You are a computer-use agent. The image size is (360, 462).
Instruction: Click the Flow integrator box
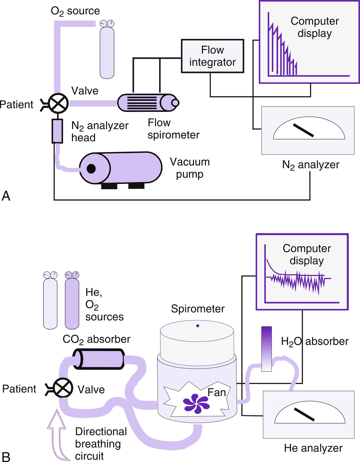click(x=213, y=56)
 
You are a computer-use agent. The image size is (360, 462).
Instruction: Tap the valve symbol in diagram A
click(x=58, y=103)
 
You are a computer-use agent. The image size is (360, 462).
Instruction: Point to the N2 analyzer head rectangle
click(x=57, y=131)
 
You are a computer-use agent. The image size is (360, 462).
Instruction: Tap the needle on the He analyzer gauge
click(x=304, y=414)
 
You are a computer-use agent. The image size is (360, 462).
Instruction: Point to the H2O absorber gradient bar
click(x=266, y=349)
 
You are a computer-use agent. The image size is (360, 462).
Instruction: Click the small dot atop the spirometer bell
click(x=198, y=326)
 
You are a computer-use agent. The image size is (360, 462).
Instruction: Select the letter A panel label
click(x=6, y=196)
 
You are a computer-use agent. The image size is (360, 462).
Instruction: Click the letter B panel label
click(x=6, y=457)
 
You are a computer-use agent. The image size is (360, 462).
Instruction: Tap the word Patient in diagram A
click(x=16, y=105)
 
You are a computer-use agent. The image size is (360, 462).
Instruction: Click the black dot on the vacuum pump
click(x=91, y=169)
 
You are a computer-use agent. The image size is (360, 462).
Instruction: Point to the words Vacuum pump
click(x=190, y=168)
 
